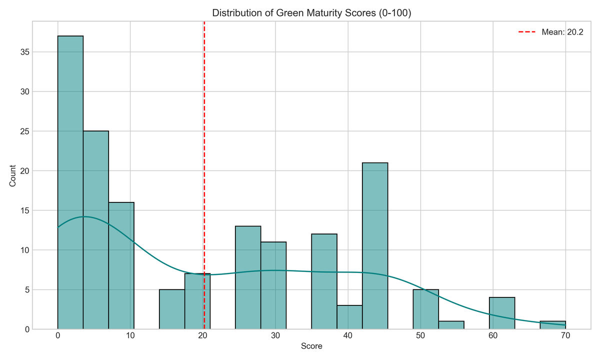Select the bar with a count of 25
pos(96,230)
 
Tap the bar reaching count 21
pos(375,245)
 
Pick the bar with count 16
pos(121,265)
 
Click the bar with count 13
pos(248,277)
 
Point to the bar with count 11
pos(273,285)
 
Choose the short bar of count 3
pos(349,317)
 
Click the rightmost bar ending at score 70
pos(552,325)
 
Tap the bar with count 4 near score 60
pos(502,313)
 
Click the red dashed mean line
pos(204,150)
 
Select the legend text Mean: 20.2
pos(562,32)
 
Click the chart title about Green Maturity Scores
pos(311,13)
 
